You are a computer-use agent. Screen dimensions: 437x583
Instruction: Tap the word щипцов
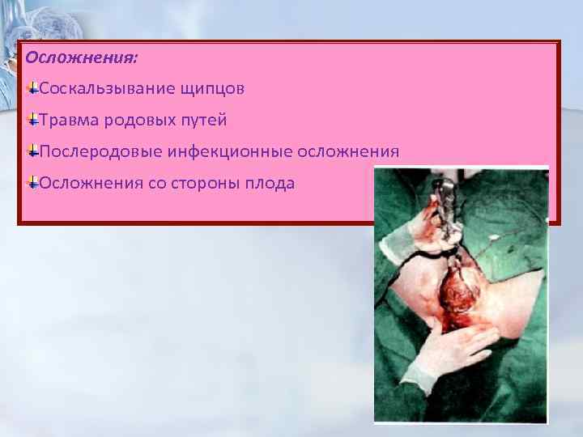pyautogui.click(x=215, y=88)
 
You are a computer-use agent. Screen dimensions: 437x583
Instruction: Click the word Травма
pyautogui.click(x=70, y=121)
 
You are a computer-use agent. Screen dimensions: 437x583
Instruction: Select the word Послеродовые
pyautogui.click(x=100, y=152)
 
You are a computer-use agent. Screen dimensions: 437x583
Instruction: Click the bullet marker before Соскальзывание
pyautogui.click(x=32, y=87)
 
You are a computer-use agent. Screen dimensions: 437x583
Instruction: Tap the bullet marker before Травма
pyautogui.click(x=32, y=120)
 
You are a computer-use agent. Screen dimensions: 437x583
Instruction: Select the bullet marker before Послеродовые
pyautogui.click(x=32, y=151)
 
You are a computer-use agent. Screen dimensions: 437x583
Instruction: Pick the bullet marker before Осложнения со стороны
pyautogui.click(x=32, y=183)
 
